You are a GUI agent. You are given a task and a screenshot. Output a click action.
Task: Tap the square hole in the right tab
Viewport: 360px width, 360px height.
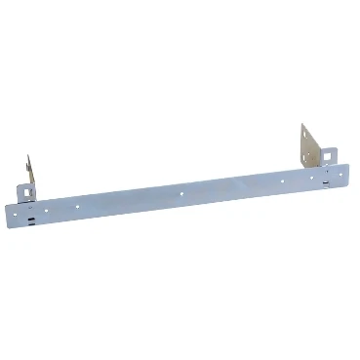click(330, 153)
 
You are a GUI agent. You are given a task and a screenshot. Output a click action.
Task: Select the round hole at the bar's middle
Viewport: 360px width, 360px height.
click(181, 192)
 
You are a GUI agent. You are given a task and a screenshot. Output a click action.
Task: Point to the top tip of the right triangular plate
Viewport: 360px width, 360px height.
click(302, 125)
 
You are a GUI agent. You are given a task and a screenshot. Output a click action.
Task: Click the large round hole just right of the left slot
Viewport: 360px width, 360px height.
click(50, 208)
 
